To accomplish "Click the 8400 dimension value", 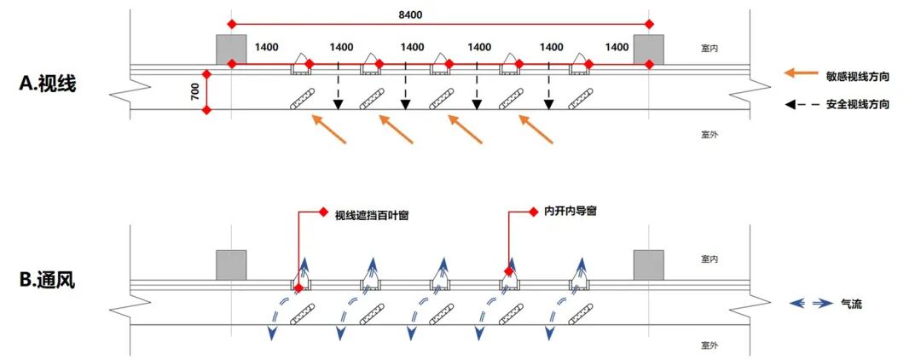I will point(409,15).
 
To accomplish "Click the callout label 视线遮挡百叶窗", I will point(372,216).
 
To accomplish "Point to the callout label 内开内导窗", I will point(570,211).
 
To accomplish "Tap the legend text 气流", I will point(851,303).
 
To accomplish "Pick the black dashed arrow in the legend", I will point(799,104).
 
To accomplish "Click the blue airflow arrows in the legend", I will point(808,303).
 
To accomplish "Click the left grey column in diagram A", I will point(231,49).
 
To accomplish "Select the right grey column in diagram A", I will point(649,49).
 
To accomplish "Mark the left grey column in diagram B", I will point(231,264).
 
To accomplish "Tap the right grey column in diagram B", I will point(648,264).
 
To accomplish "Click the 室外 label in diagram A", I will point(709,135).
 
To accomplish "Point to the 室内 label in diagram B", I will point(709,258).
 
